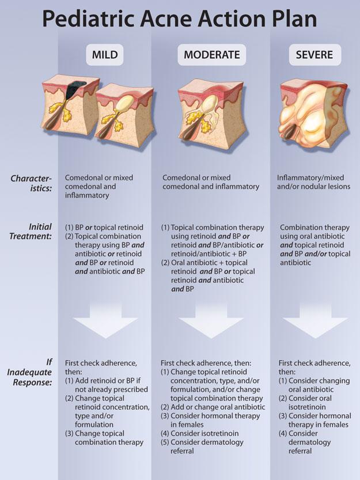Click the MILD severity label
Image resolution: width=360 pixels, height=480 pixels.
pyautogui.click(x=105, y=55)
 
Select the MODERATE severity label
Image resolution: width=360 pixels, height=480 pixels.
pyautogui.click(x=211, y=55)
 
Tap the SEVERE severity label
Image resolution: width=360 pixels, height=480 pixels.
pyautogui.click(x=315, y=55)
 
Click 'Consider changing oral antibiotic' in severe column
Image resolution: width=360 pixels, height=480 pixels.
pyautogui.click(x=314, y=385)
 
